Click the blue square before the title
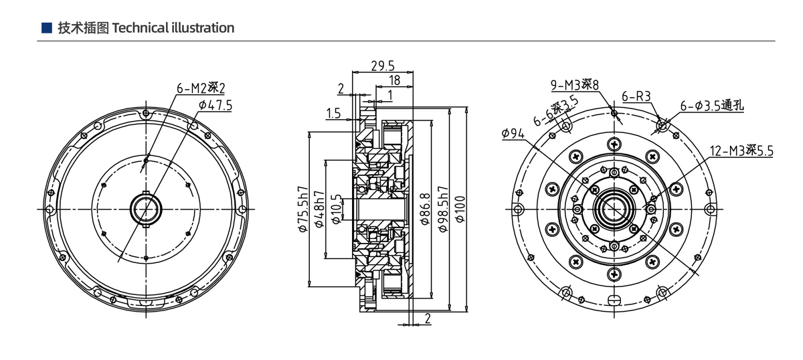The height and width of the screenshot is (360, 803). coord(46,28)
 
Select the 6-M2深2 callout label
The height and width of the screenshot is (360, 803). coord(201,88)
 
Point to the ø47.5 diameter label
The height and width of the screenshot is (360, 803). coord(215,105)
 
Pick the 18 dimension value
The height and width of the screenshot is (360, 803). coord(394,80)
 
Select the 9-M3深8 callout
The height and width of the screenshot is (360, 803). coord(574,85)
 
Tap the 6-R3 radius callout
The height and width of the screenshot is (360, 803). coord(636,96)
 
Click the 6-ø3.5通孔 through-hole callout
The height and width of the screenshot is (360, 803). coord(712,106)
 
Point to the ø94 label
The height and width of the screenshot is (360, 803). coord(513,133)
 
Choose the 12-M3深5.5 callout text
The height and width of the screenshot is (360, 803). coord(741,151)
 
